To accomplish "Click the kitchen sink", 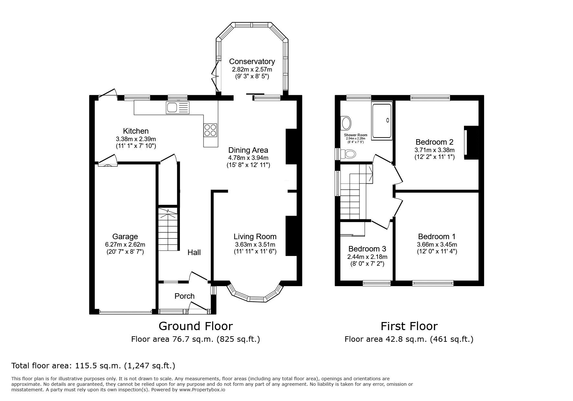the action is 177,107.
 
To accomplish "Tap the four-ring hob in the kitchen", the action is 210,130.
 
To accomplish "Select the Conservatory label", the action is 252,61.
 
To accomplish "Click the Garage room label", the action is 125,237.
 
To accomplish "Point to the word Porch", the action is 184,296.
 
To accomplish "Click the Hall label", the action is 194,252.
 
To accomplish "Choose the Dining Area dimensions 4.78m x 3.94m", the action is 248,158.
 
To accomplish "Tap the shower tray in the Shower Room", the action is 382,120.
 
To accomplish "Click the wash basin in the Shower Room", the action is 346,123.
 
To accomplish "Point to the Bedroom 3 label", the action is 367,249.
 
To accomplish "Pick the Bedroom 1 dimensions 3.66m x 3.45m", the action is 437,245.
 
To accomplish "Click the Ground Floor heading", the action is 195,326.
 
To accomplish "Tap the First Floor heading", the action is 409,326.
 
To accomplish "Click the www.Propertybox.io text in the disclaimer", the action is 202,390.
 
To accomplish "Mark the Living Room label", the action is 255,237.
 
